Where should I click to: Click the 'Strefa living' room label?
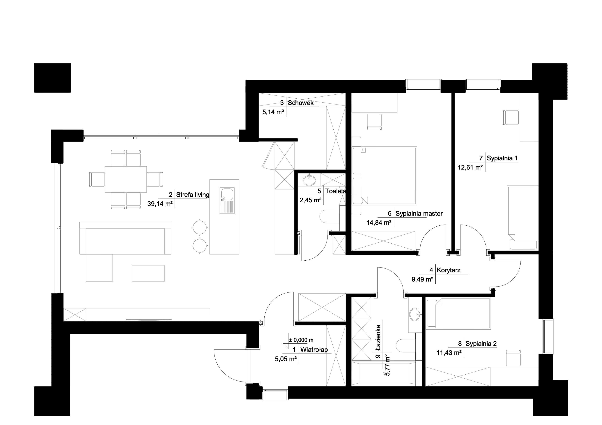point(192,195)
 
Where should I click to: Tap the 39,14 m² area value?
point(160,204)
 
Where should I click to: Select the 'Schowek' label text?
point(300,103)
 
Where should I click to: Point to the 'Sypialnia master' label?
point(419,214)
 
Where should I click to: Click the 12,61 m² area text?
point(470,167)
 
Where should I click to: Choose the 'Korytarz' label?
point(449,270)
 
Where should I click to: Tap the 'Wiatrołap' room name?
point(314,350)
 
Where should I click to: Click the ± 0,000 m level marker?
point(301,340)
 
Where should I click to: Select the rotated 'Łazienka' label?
point(378,336)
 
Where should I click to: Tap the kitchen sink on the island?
point(227,201)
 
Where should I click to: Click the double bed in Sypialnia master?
point(384,176)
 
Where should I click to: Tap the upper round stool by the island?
point(200,227)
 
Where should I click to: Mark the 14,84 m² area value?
point(379,223)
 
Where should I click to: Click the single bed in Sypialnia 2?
point(458,313)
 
